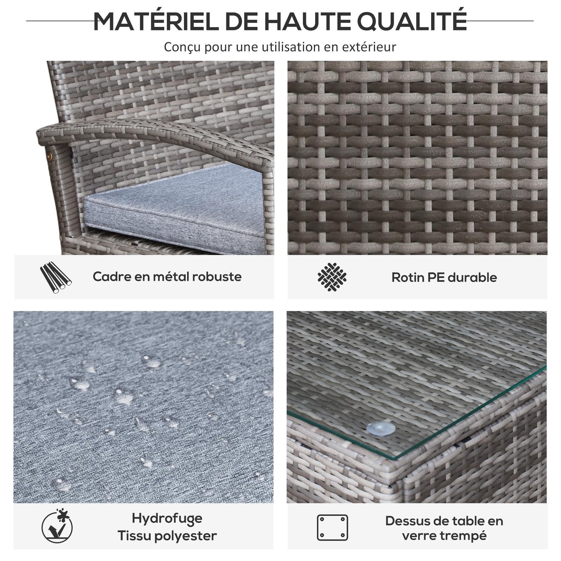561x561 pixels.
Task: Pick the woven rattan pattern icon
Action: pyautogui.click(x=332, y=277)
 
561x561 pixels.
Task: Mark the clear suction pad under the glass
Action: pyautogui.click(x=381, y=429)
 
